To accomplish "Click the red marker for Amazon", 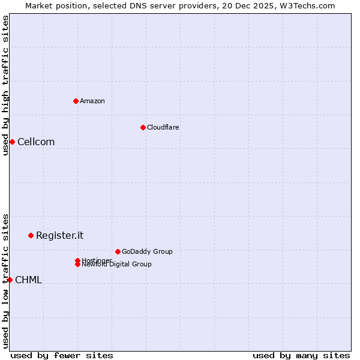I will pyautogui.click(x=76, y=101).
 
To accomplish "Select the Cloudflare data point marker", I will pyautogui.click(x=143, y=127).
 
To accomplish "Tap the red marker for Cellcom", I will pyautogui.click(x=12, y=142).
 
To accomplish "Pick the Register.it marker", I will pyautogui.click(x=31, y=235).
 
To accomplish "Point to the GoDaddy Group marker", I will pyautogui.click(x=118, y=251).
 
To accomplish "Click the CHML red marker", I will pyautogui.click(x=10, y=280).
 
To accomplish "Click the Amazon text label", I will pyautogui.click(x=92, y=101).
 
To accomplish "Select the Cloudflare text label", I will pyautogui.click(x=163, y=127).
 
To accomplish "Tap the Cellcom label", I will pyautogui.click(x=36, y=142).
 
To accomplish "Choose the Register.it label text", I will pyautogui.click(x=59, y=236).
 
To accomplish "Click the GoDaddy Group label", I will pyautogui.click(x=147, y=251).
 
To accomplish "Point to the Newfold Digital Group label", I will pyautogui.click(x=116, y=265).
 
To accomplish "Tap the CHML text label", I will pyautogui.click(x=28, y=280).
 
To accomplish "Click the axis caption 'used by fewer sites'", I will pyautogui.click(x=62, y=356).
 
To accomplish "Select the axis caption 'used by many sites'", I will pyautogui.click(x=301, y=356).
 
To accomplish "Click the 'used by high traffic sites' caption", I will pyautogui.click(x=5, y=85).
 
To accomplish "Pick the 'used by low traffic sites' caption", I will pyautogui.click(x=5, y=281).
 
